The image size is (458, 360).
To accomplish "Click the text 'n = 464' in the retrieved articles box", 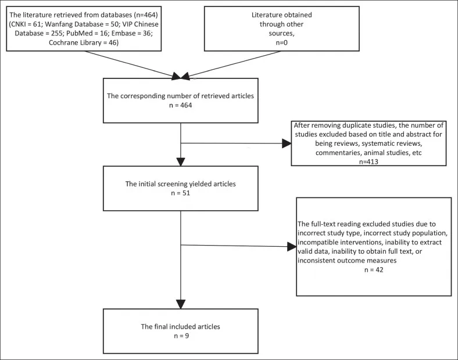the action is coord(181,105).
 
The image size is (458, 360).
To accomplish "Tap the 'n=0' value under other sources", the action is coord(281,42).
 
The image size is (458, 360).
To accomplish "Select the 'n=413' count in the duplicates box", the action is coord(368,161).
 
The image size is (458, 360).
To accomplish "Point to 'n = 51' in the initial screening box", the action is coord(181,193).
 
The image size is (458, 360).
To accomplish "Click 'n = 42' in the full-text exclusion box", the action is coord(374,270).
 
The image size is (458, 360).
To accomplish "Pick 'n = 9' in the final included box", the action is coord(181,336).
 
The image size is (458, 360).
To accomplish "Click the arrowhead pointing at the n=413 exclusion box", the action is coord(287,143).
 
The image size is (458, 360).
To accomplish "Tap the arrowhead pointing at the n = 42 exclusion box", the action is coord(292,247).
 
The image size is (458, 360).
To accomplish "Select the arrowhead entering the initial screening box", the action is coord(181,162).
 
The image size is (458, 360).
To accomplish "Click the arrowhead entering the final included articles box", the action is coord(181,305).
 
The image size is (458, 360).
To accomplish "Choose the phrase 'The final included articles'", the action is coord(181,326).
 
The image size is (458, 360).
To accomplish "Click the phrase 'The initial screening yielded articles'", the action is coord(181,184).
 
